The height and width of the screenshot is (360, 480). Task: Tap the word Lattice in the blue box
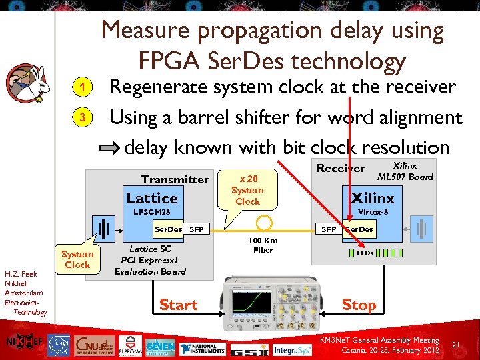[x=152, y=198]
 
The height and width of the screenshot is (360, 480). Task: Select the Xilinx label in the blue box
[x=373, y=198]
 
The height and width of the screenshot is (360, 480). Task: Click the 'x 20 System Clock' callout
[x=247, y=190]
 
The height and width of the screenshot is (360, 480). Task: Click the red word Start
[x=178, y=305]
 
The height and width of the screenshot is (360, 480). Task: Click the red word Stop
[x=359, y=305]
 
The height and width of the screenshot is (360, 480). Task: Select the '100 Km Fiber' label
[x=264, y=245]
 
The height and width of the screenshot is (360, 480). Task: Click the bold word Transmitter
[x=175, y=179]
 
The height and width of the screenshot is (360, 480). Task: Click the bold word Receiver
[x=341, y=168]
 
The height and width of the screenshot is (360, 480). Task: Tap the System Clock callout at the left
[x=77, y=259]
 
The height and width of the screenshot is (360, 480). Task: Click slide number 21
[x=457, y=344]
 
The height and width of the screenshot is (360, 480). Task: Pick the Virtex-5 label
[x=373, y=212]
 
